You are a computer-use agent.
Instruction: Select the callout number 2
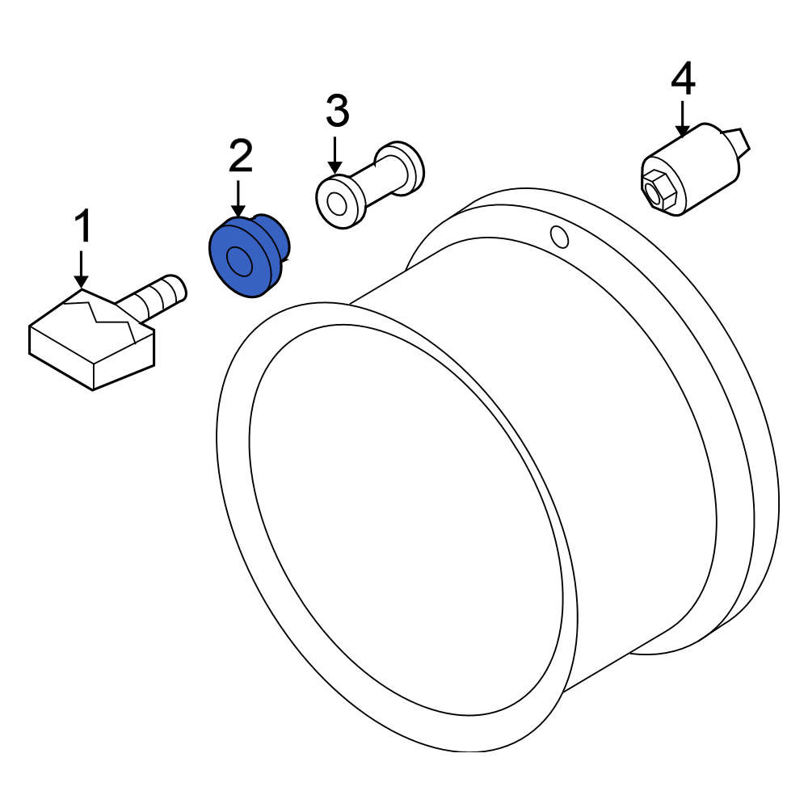(x=241, y=156)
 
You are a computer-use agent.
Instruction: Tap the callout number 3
(x=338, y=111)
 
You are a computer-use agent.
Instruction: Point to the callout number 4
(x=683, y=78)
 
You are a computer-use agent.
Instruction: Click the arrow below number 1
(x=81, y=268)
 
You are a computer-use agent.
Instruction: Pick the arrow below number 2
(x=238, y=198)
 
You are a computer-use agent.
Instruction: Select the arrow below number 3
(x=335, y=154)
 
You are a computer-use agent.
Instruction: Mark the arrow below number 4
(x=682, y=119)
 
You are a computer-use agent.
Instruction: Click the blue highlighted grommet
(x=247, y=256)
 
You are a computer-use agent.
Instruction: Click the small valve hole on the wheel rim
(x=560, y=237)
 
